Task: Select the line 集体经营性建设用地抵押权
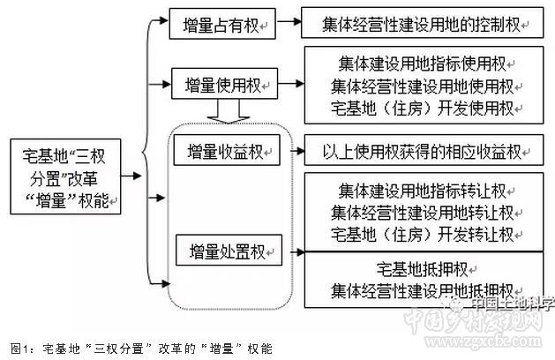pos(421,290)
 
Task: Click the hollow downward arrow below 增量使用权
pos(227,111)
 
